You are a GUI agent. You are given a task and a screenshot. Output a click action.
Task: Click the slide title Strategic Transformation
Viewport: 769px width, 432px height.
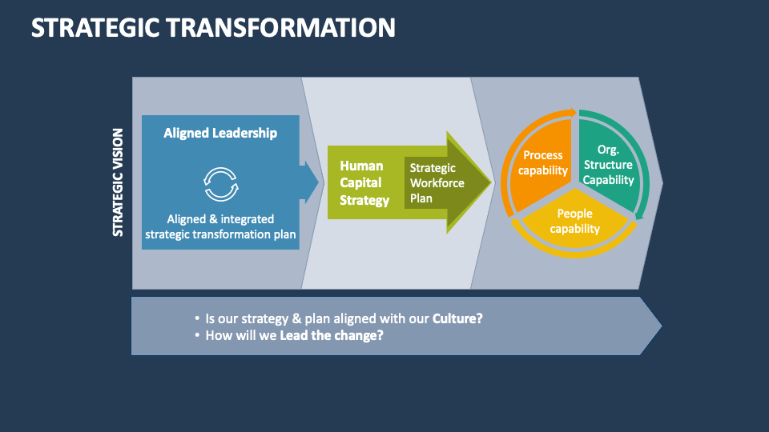click(x=213, y=27)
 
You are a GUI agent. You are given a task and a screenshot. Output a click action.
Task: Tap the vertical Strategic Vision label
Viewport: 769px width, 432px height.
click(x=119, y=182)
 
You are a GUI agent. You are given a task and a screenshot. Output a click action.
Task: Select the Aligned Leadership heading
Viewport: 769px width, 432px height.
click(x=220, y=133)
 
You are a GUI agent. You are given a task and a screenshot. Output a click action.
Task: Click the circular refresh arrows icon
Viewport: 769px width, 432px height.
click(x=220, y=183)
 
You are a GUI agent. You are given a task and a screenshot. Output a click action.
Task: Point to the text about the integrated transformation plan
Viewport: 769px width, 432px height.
click(x=220, y=226)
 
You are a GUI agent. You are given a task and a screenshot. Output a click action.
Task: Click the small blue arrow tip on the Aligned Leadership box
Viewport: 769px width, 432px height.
click(x=311, y=182)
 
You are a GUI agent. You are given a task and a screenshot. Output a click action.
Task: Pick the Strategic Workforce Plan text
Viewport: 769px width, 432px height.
click(x=433, y=183)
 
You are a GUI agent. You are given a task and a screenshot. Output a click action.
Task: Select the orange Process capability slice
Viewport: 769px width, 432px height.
click(x=542, y=162)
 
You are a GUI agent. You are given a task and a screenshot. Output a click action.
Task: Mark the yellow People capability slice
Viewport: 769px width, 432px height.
click(x=575, y=221)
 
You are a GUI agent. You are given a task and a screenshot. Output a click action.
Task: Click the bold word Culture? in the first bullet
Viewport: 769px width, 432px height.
click(x=457, y=318)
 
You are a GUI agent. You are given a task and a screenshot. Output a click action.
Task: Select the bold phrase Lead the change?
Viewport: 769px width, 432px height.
click(x=332, y=335)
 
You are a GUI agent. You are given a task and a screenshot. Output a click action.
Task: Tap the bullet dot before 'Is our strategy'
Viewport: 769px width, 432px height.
click(x=197, y=318)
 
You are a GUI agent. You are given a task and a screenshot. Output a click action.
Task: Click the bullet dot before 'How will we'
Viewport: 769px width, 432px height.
click(x=197, y=336)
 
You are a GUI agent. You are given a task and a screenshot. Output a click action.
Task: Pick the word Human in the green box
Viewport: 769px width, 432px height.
click(x=361, y=166)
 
